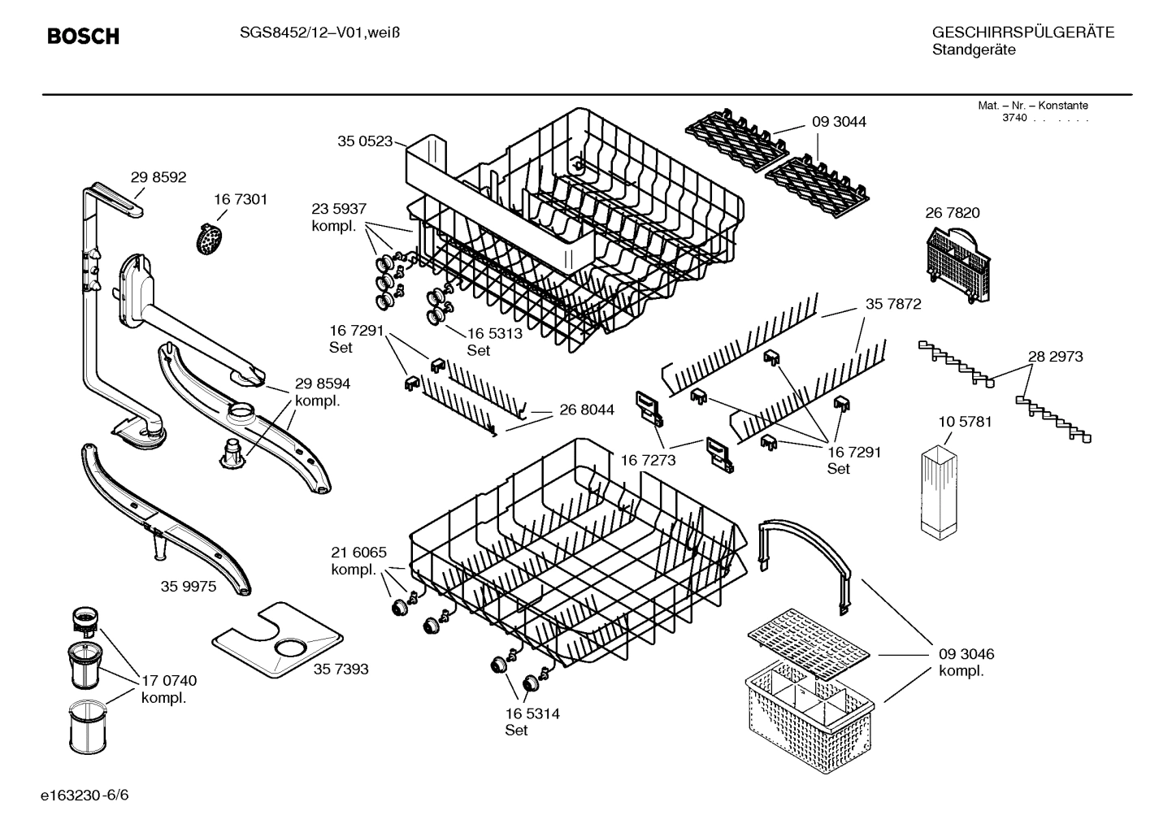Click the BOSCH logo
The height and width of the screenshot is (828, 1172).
tap(83, 36)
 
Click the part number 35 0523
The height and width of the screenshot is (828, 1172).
tap(365, 141)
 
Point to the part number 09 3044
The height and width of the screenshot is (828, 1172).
tap(839, 122)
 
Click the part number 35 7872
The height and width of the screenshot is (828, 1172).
tap(893, 304)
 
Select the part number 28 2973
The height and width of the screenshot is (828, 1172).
tap(1055, 357)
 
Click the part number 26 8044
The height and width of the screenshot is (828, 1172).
tap(587, 410)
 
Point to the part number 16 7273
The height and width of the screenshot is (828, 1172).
tap(648, 461)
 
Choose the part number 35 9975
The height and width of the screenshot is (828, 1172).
tap(189, 586)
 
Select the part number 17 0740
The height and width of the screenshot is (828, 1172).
tap(169, 681)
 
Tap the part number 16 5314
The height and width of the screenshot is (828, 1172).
tap(532, 714)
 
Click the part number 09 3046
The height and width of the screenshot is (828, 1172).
tap(966, 654)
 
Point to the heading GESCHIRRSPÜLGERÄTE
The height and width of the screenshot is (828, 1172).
tap(1022, 33)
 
